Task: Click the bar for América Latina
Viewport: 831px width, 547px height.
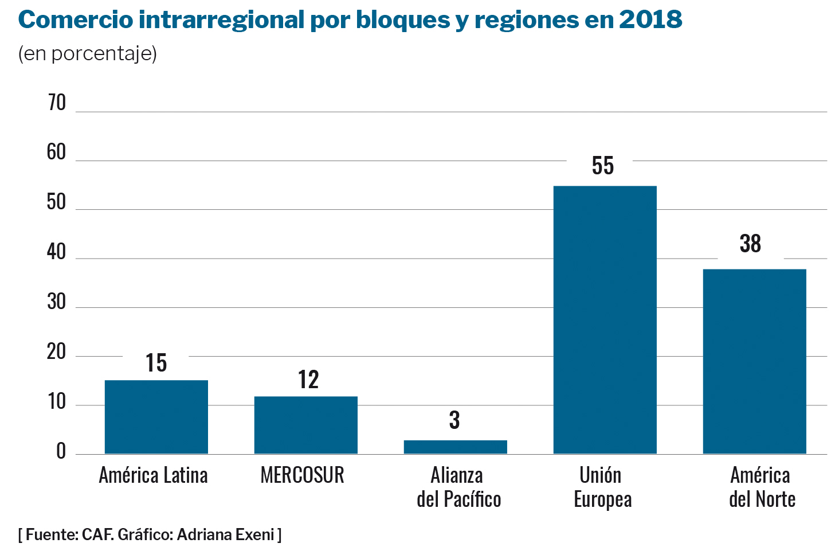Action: (x=156, y=417)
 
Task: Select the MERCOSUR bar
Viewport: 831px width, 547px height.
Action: (x=305, y=425)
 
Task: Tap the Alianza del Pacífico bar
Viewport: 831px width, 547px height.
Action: (x=455, y=447)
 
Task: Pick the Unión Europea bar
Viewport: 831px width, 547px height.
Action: (x=605, y=319)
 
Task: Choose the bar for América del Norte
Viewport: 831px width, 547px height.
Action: (x=754, y=361)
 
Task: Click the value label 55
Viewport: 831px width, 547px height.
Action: (x=603, y=166)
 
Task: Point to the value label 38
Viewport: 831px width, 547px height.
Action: (x=750, y=244)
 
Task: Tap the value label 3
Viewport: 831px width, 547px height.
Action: (x=454, y=420)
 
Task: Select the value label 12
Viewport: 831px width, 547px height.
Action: (x=308, y=380)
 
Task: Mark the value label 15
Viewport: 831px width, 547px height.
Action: (x=156, y=363)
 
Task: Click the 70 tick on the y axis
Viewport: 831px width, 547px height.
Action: (x=57, y=103)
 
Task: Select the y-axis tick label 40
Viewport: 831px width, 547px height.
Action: (x=57, y=252)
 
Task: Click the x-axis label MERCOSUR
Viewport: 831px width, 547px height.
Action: (x=302, y=475)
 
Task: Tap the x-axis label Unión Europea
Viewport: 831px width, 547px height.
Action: (x=602, y=487)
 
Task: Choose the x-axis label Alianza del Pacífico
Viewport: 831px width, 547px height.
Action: (x=458, y=487)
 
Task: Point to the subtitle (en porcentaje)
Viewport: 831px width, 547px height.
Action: (x=88, y=53)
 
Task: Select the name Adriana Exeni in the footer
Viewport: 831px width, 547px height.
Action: (x=226, y=534)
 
